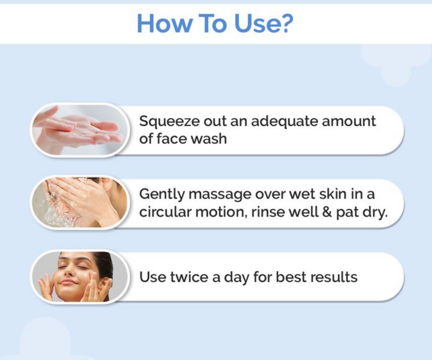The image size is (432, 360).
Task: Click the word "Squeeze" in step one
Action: (x=166, y=121)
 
